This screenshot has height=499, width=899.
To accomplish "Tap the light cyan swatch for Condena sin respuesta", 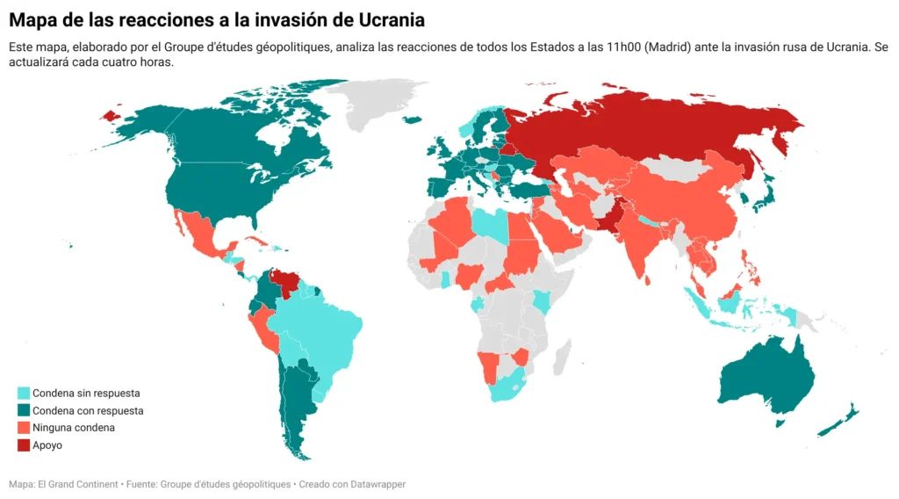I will pyautogui.click(x=25, y=394).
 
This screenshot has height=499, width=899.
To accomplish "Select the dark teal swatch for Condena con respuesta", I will pyautogui.click(x=25, y=410).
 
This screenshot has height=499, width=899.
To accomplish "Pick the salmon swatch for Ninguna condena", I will pyautogui.click(x=25, y=428).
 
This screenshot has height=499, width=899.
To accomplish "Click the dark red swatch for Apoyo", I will pyautogui.click(x=25, y=445).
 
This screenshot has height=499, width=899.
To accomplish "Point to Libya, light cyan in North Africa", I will pyautogui.click(x=488, y=226).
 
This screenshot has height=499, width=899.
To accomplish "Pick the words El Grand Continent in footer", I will pyautogui.click(x=75, y=484).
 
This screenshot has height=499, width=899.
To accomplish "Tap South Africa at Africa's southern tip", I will pyautogui.click(x=507, y=387).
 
